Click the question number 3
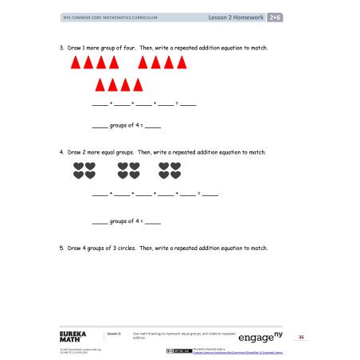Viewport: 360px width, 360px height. [61, 48]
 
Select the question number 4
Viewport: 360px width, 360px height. [61, 151]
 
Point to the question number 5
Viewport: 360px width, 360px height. [61, 248]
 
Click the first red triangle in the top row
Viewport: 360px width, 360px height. [75, 62]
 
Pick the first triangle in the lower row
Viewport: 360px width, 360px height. [100, 84]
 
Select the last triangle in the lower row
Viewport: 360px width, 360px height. [138, 84]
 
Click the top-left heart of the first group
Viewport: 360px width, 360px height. [78, 166]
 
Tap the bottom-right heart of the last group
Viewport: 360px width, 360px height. [175, 175]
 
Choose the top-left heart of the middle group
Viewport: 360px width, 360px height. [123, 166]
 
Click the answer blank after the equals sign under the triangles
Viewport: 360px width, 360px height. [188, 104]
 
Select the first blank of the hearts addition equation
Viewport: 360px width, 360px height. [100, 194]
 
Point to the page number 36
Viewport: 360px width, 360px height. [301, 337]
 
